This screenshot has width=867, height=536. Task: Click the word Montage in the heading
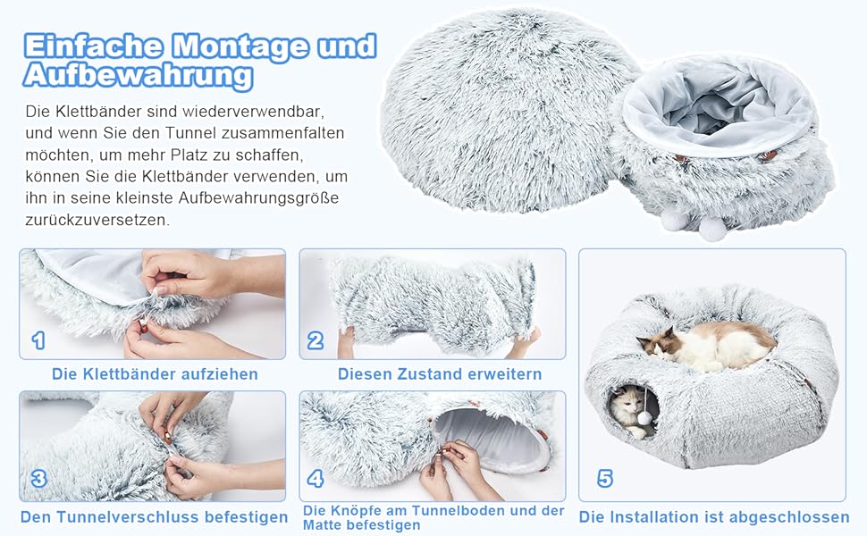(240, 46)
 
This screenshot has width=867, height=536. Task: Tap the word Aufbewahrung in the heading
(139, 75)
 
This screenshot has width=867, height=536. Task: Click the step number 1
(38, 340)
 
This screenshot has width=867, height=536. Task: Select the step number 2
(316, 340)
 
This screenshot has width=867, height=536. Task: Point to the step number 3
(38, 479)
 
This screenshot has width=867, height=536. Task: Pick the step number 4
(316, 479)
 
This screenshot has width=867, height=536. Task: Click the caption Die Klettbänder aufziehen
(155, 374)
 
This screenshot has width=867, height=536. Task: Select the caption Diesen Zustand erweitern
(440, 374)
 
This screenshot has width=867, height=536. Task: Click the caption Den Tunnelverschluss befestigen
(155, 517)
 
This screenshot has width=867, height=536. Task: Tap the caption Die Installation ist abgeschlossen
(714, 517)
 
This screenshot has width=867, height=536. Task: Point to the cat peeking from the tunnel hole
(630, 410)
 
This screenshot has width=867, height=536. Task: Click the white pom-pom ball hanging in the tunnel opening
(644, 418)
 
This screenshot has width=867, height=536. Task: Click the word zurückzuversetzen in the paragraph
(97, 220)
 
